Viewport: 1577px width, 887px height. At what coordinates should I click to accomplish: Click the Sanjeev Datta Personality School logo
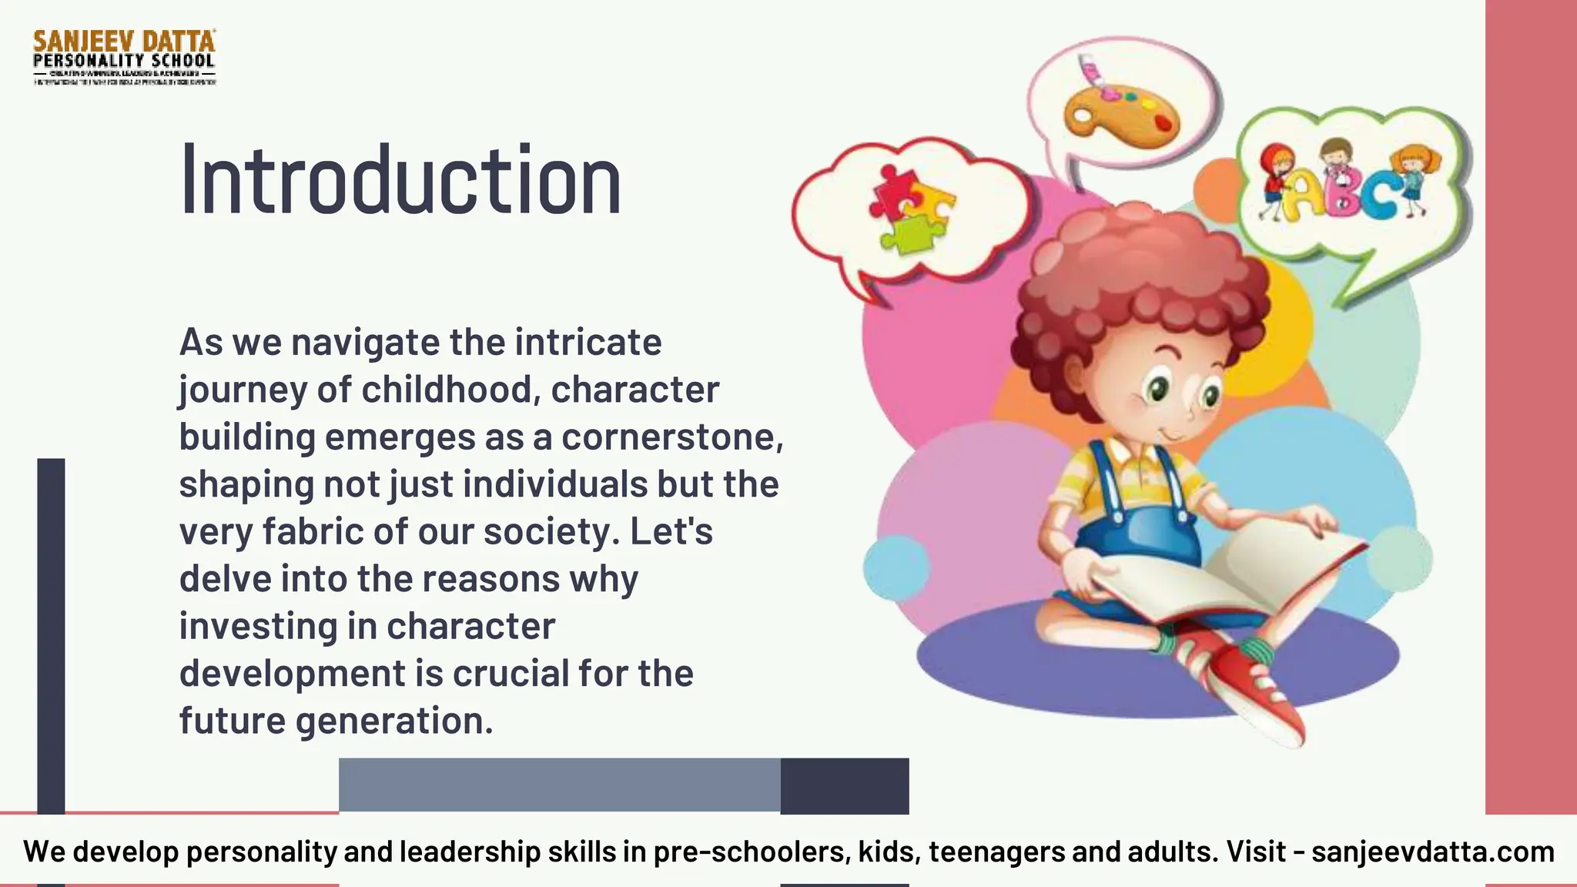click(x=124, y=57)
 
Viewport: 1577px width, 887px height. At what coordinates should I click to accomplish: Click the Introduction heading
click(x=400, y=180)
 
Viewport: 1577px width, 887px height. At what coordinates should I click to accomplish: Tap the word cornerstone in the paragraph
click(x=671, y=437)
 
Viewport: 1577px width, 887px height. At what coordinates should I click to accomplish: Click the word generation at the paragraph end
click(x=393, y=721)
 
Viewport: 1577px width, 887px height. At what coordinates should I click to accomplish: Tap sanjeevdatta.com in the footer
click(x=1433, y=852)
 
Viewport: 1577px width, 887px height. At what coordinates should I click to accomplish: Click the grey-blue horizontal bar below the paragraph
click(x=560, y=785)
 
